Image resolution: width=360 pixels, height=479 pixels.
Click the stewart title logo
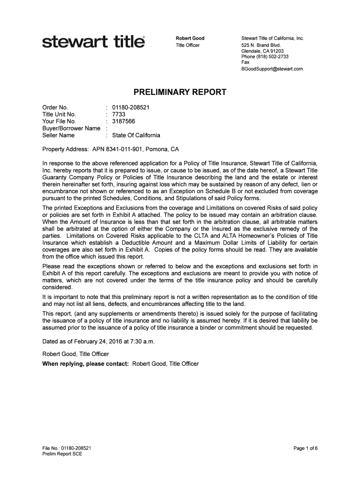click(x=94, y=43)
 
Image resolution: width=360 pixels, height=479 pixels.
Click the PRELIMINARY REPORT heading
click(x=180, y=93)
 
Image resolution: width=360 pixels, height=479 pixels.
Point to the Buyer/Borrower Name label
click(x=71, y=128)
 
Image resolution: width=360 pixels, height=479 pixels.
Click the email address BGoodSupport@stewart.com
click(x=272, y=69)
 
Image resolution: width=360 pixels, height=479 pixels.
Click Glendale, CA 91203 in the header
click(x=262, y=51)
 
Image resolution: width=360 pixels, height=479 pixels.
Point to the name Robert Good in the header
click(x=190, y=38)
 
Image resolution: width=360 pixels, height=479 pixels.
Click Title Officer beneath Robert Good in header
click(x=187, y=45)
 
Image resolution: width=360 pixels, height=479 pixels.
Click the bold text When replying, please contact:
click(x=86, y=363)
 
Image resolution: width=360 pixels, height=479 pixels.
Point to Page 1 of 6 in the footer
click(x=305, y=448)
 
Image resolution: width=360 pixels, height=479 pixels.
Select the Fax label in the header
click(x=245, y=62)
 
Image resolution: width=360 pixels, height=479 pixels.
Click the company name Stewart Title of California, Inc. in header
click(x=273, y=38)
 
